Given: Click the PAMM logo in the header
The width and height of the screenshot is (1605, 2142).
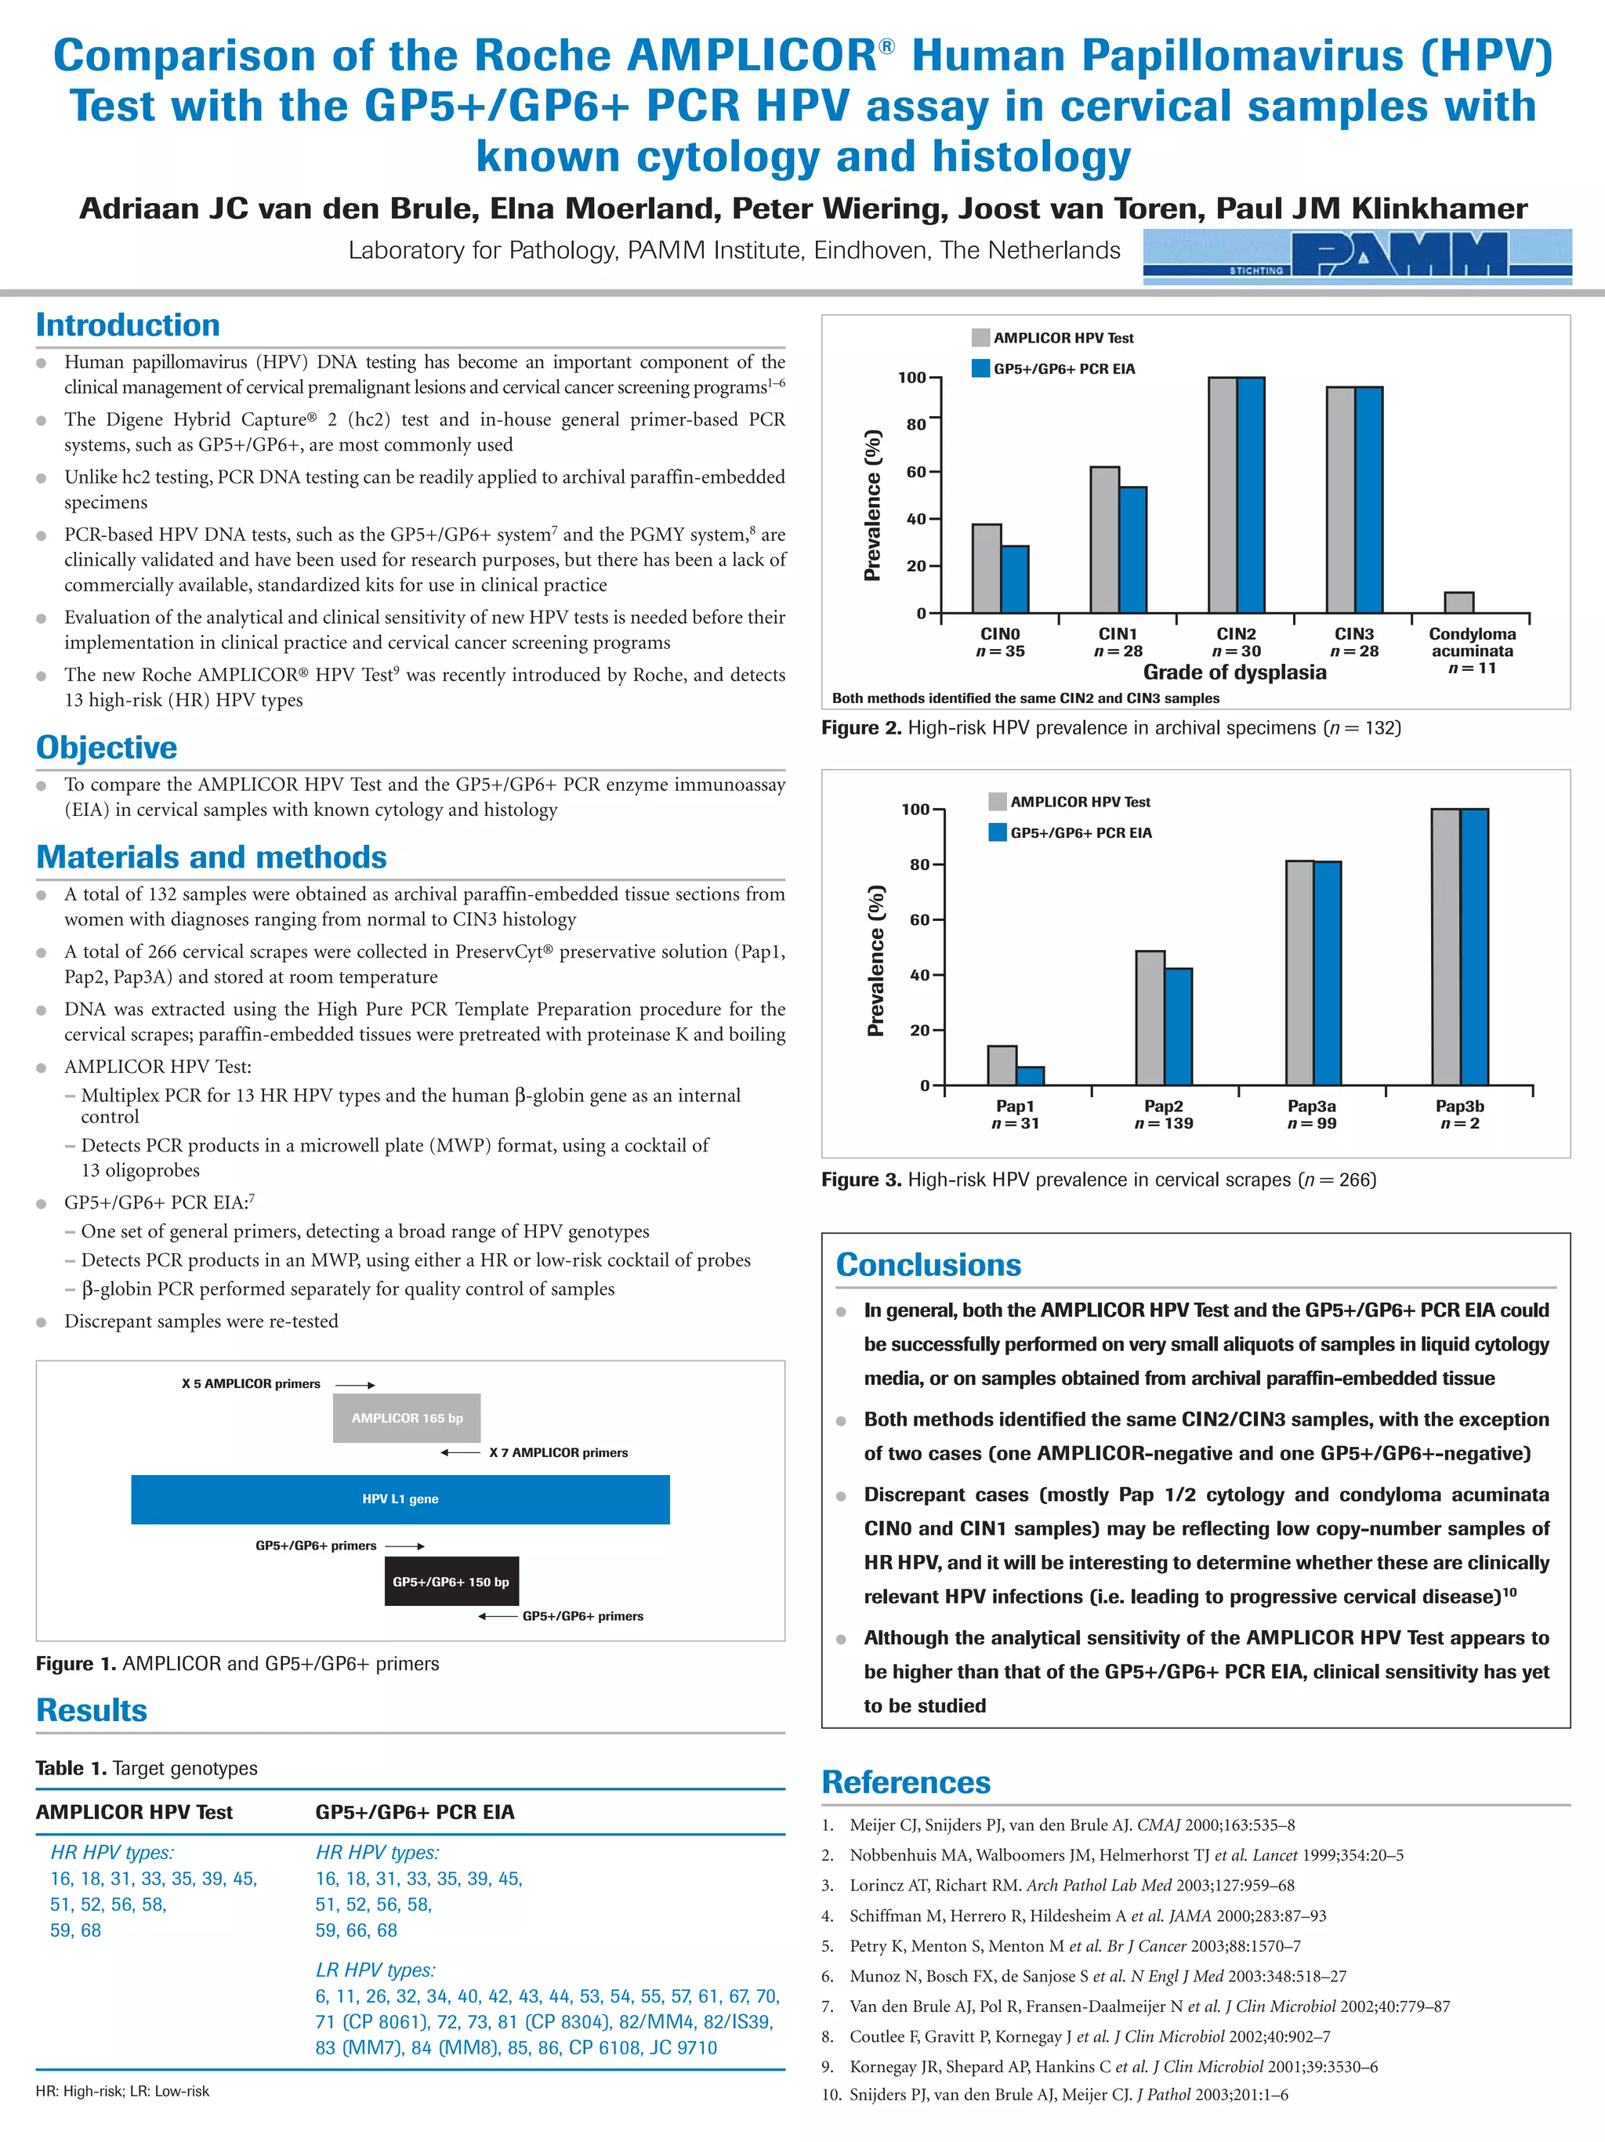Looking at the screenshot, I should [1357, 256].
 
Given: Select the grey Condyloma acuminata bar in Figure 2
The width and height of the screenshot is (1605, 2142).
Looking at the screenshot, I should [1458, 603].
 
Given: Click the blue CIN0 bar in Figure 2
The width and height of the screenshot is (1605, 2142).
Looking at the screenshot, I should [1015, 579].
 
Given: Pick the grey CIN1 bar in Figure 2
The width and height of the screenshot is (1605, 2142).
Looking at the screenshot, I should [1104, 539].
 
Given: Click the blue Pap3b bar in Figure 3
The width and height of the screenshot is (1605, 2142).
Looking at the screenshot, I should [1474, 946].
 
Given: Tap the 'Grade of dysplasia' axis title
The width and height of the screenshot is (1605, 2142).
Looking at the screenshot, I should [1234, 672].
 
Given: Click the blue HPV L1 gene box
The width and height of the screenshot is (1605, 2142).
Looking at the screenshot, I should [400, 1499].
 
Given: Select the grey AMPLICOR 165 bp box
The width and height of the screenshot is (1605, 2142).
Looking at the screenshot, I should [407, 1418].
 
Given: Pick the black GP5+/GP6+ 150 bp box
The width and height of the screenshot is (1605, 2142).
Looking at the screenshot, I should [451, 1582].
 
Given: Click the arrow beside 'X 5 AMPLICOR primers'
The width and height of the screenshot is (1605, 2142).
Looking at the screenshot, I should [354, 1385].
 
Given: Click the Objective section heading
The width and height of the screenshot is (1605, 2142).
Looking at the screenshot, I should [107, 748].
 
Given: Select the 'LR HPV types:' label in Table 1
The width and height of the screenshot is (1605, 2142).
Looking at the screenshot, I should [375, 1970].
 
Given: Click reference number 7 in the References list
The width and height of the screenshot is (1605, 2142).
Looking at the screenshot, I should [828, 2006].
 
